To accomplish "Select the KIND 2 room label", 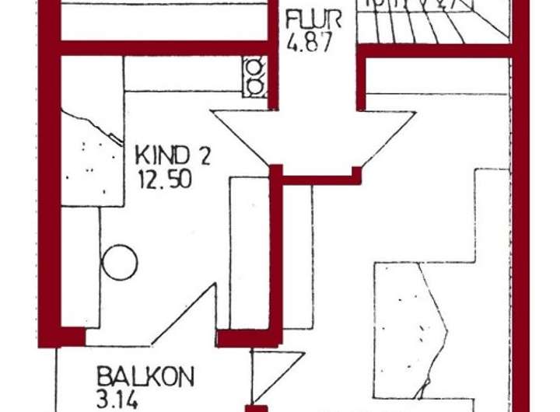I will pyautogui.click(x=173, y=154).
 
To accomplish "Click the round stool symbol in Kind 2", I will pyautogui.click(x=119, y=263).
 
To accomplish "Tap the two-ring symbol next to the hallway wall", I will pyautogui.click(x=254, y=75).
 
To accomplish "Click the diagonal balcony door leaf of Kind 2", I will pyautogui.click(x=184, y=313).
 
